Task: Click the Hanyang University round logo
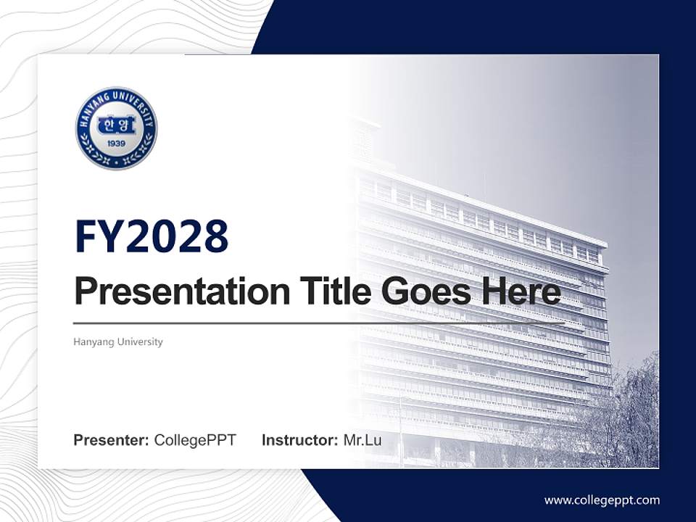[x=116, y=128]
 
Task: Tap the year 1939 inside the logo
[x=116, y=144]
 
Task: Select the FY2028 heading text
[x=152, y=236]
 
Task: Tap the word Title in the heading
[x=331, y=291]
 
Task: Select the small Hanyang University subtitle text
[x=118, y=341]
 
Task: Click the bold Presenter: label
[x=112, y=440]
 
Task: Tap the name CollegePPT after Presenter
[x=195, y=440]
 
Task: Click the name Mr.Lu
[x=362, y=440]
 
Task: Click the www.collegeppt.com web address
[x=602, y=500]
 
